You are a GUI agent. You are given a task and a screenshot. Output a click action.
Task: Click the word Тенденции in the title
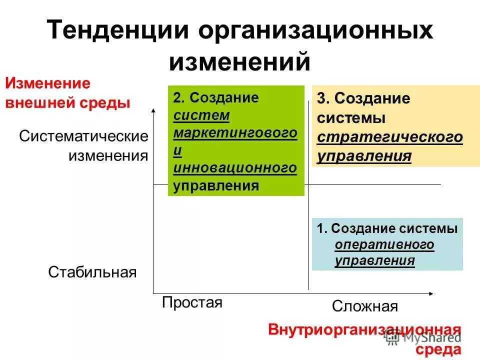click(117, 31)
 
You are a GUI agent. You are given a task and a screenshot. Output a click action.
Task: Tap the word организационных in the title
click(315, 31)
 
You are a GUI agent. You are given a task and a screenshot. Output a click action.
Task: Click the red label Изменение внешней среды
click(67, 93)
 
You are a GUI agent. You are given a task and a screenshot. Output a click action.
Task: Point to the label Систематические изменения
click(83, 145)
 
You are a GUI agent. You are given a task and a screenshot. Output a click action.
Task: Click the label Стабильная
click(92, 272)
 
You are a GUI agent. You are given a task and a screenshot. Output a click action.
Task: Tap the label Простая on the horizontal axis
click(192, 302)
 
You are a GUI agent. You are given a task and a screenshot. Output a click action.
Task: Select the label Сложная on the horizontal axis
click(364, 306)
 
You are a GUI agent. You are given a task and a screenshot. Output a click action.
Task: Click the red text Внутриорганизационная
click(364, 330)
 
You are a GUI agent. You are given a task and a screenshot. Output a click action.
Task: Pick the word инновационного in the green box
click(235, 168)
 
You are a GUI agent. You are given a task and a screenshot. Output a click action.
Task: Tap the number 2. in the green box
click(178, 98)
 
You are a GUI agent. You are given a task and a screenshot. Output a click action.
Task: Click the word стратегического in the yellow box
click(390, 137)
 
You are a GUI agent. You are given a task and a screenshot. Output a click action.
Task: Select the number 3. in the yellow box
click(322, 99)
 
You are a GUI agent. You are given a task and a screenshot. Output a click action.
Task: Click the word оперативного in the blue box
click(384, 244)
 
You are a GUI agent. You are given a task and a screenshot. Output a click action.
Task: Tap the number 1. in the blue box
click(321, 228)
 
